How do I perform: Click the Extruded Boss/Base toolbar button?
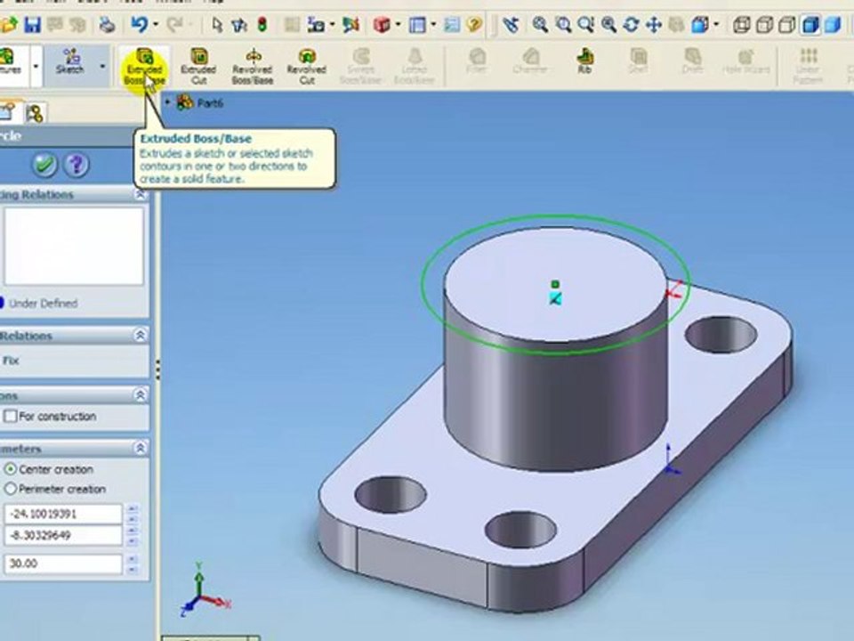point(143,67)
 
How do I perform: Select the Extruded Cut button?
point(197,67)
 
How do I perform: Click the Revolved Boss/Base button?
point(252,67)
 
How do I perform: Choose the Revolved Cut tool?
point(306,67)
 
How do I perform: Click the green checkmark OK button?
point(44,165)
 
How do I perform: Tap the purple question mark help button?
point(77,165)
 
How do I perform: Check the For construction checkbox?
point(11,416)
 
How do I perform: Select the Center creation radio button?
point(11,469)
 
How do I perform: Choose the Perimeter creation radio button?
point(11,489)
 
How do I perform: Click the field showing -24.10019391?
point(62,514)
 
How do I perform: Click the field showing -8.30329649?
point(62,535)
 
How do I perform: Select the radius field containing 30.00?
point(62,564)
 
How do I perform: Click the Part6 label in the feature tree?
point(210,103)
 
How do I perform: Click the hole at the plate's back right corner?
point(721,335)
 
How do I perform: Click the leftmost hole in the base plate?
point(390,493)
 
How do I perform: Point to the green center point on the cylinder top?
point(555,284)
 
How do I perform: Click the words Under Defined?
point(43,304)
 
